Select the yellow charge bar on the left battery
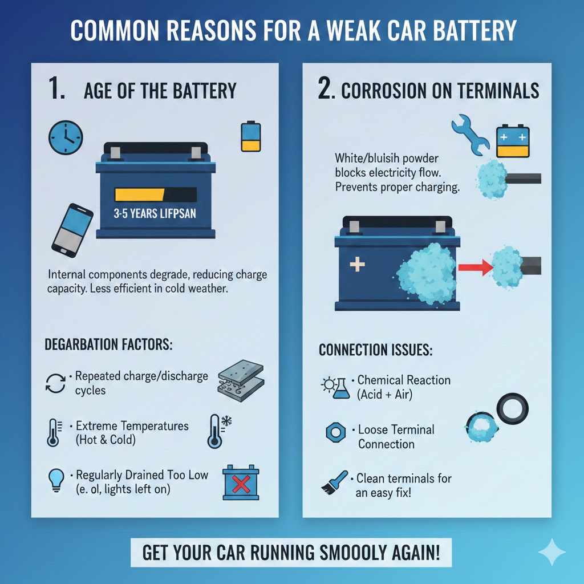click(139, 194)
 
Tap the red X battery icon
click(240, 484)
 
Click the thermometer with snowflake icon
click(218, 431)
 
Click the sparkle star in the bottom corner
click(551, 552)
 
